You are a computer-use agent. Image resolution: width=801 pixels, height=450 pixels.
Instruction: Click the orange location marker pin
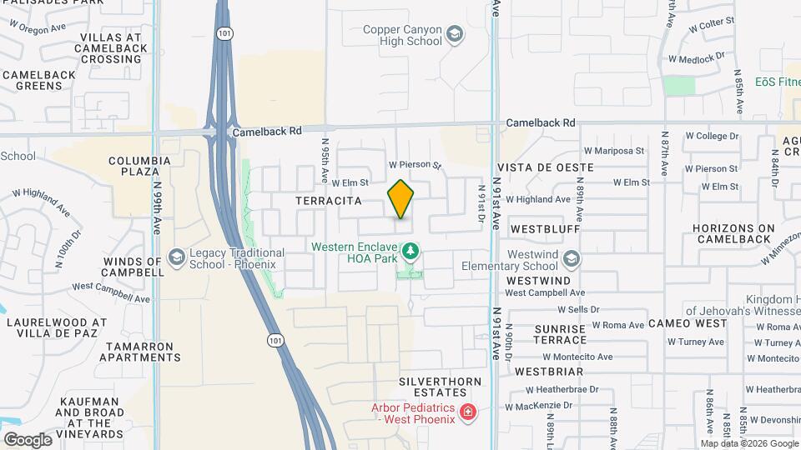pyautogui.click(x=400, y=199)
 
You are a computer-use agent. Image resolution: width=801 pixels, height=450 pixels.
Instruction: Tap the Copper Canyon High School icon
pyautogui.click(x=455, y=34)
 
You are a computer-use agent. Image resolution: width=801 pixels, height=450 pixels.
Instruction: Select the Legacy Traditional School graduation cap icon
pyautogui.click(x=176, y=257)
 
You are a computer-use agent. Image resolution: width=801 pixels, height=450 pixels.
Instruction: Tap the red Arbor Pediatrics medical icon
pyautogui.click(x=468, y=412)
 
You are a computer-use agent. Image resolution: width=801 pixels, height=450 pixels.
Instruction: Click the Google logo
pyautogui.click(x=28, y=439)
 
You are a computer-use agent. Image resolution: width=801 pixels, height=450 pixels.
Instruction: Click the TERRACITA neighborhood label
pyautogui.click(x=329, y=201)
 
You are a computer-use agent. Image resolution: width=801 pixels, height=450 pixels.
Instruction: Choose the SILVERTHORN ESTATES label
pyautogui.click(x=433, y=386)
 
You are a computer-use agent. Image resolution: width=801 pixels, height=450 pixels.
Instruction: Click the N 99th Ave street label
pyautogui.click(x=157, y=212)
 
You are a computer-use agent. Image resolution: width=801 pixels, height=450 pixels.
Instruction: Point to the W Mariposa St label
pyautogui.click(x=614, y=151)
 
